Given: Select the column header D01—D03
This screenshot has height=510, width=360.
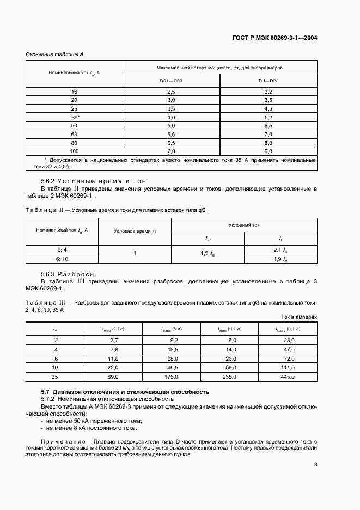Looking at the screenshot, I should pyautogui.click(x=171, y=81).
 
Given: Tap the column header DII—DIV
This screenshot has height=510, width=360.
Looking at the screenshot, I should pyautogui.click(x=268, y=81).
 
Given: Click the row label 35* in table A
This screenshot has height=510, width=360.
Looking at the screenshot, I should pyautogui.click(x=74, y=117).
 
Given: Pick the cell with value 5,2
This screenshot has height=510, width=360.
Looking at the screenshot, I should pyautogui.click(x=268, y=117).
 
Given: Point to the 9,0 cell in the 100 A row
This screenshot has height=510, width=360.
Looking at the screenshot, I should pyautogui.click(x=268, y=150).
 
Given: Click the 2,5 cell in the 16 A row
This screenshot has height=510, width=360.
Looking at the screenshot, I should pyautogui.click(x=171, y=93).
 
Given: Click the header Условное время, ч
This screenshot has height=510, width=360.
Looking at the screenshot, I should pyautogui.click(x=135, y=231).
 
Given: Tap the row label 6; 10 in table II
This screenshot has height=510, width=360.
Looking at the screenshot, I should pyautogui.click(x=62, y=259).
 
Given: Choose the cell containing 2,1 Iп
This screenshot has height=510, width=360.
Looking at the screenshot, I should pyautogui.click(x=280, y=250).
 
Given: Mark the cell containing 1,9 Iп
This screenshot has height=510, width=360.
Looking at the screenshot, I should pyautogui.click(x=280, y=259).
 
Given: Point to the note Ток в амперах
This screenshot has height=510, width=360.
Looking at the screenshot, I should pyautogui.click(x=299, y=317).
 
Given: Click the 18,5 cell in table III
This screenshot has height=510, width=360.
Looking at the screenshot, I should pyautogui.click(x=172, y=349).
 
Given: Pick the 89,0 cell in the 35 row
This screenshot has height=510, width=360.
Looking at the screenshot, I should pyautogui.click(x=113, y=376).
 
